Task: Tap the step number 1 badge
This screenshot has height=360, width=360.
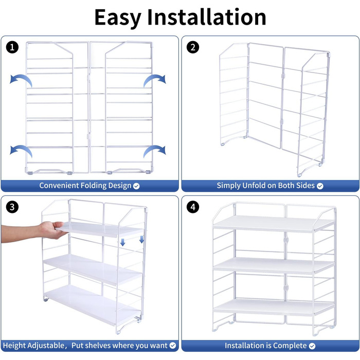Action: pyautogui.click(x=12, y=48)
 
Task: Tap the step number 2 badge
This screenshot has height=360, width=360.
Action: pyautogui.click(x=193, y=48)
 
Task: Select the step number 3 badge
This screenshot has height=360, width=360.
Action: pyautogui.click(x=12, y=208)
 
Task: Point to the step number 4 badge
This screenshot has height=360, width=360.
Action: pyautogui.click(x=193, y=208)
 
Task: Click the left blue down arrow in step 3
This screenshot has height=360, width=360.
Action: pyautogui.click(x=123, y=242)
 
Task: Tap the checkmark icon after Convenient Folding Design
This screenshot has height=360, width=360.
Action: pyautogui.click(x=136, y=186)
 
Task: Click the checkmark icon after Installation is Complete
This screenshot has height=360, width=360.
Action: pyautogui.click(x=312, y=346)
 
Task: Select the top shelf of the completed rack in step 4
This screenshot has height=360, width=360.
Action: pyautogui.click(x=273, y=223)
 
